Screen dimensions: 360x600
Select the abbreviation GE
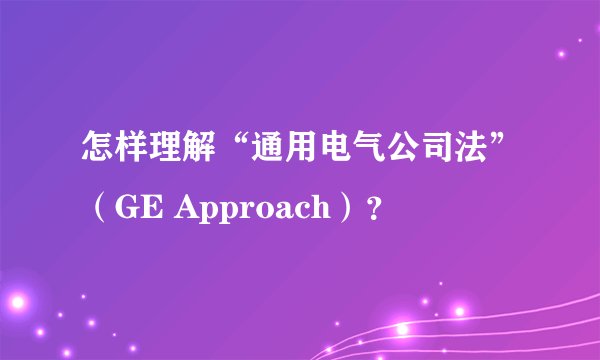point(136,211)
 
